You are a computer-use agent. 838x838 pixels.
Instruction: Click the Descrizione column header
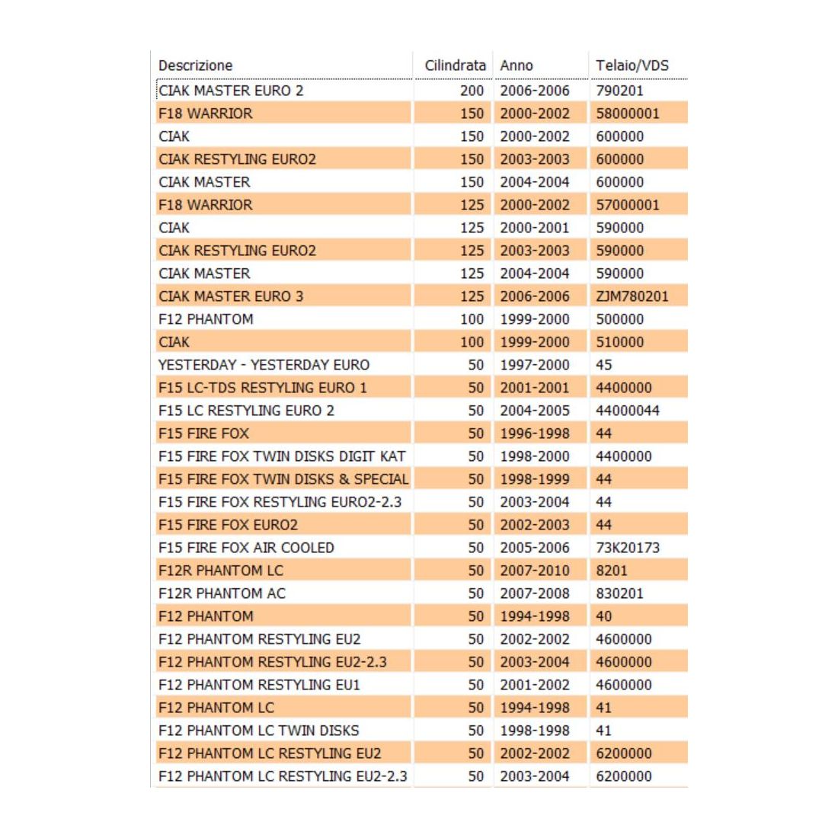tap(196, 66)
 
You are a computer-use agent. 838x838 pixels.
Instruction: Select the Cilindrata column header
tap(455, 66)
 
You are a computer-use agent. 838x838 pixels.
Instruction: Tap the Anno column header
tap(517, 66)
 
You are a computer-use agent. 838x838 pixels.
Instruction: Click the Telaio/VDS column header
tap(632, 66)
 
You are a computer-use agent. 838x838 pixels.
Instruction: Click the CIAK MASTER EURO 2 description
tap(231, 91)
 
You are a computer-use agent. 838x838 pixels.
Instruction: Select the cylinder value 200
tap(472, 91)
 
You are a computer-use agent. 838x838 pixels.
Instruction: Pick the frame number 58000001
tap(628, 114)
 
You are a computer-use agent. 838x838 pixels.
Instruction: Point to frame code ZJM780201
tap(632, 296)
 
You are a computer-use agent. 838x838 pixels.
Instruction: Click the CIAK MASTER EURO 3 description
tap(231, 296)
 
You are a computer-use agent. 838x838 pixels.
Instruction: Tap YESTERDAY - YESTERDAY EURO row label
tap(264, 365)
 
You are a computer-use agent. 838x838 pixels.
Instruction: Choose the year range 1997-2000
tap(534, 365)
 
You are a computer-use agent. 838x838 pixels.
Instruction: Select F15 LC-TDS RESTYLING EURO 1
tap(263, 388)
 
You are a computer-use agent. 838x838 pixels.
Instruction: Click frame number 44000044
tap(628, 411)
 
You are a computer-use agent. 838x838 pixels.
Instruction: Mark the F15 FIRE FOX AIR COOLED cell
tap(246, 548)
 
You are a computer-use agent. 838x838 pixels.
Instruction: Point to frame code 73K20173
tap(628, 548)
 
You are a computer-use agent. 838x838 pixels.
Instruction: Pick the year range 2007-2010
tap(534, 571)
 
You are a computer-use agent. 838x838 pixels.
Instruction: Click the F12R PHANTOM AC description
tap(222, 593)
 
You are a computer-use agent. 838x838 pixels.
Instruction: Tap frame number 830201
tap(619, 593)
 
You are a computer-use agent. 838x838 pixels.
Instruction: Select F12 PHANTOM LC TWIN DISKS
tap(258, 731)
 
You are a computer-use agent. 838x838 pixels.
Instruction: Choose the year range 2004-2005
tap(534, 411)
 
